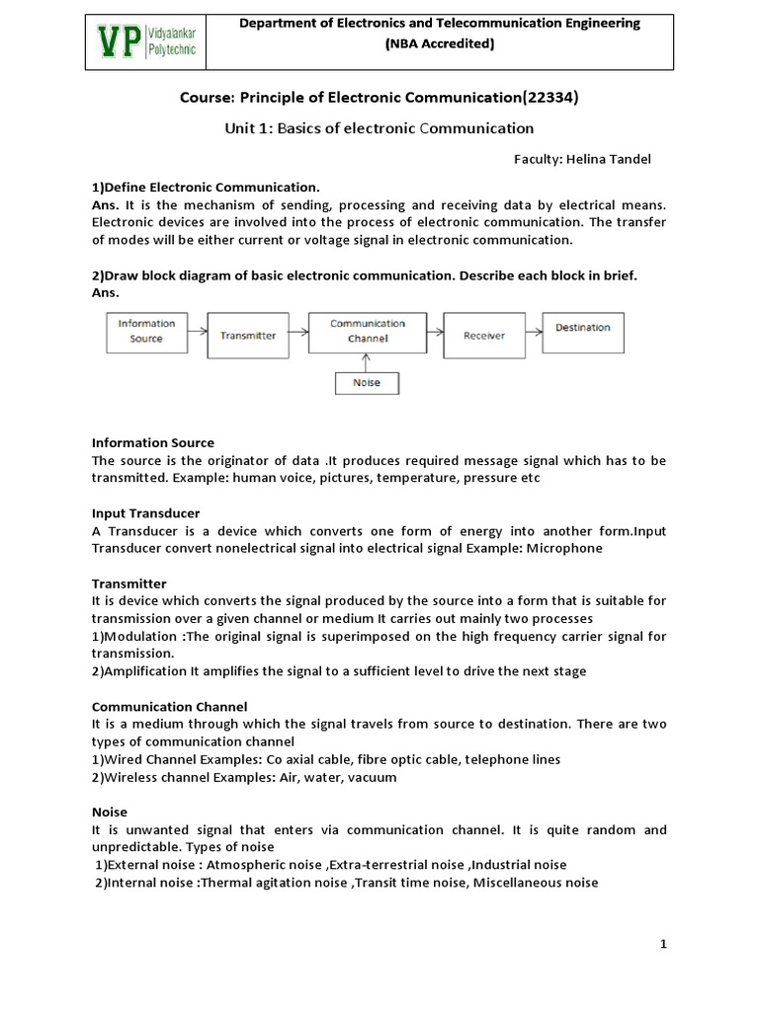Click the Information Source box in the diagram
pos(146,331)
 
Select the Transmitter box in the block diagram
pos(248,336)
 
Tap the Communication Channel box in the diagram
pos(368,331)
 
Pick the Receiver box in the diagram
pos(484,336)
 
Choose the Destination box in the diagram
pos(582,328)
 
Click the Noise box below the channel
pos(367,382)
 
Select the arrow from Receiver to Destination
pos(534,331)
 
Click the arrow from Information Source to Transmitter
pos(197,331)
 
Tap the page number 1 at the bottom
pos(664,945)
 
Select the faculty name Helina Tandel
pos(618,158)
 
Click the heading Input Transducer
pos(146,513)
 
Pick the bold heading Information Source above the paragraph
pos(153,442)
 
